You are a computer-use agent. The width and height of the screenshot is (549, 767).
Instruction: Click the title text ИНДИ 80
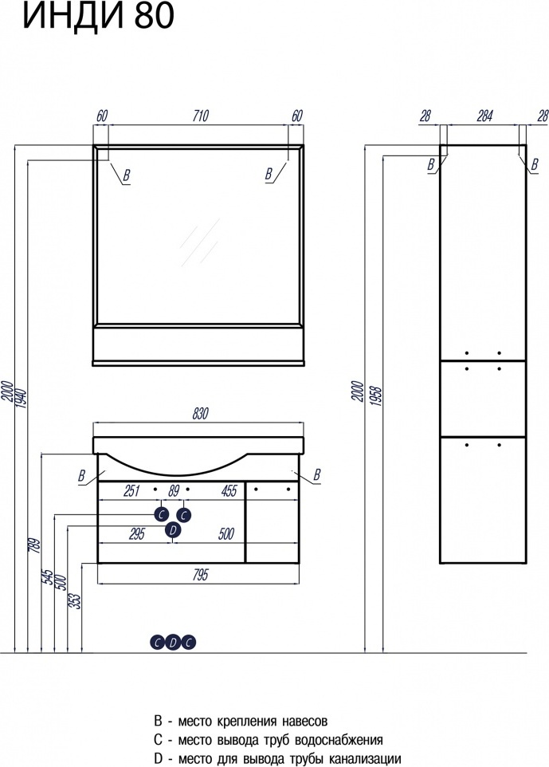(x=98, y=15)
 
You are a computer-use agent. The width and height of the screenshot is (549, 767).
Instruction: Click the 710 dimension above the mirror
(x=201, y=116)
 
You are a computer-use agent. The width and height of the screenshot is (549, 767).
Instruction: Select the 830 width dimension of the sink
(x=201, y=414)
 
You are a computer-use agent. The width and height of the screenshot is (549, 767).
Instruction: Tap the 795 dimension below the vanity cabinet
(x=201, y=575)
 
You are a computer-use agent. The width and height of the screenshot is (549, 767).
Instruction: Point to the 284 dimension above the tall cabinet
(x=484, y=116)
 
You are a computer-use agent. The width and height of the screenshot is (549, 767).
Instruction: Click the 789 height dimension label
(x=33, y=545)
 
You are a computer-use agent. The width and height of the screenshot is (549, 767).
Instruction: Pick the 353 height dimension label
(x=76, y=598)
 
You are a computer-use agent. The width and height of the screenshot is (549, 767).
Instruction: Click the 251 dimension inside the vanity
(x=132, y=490)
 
